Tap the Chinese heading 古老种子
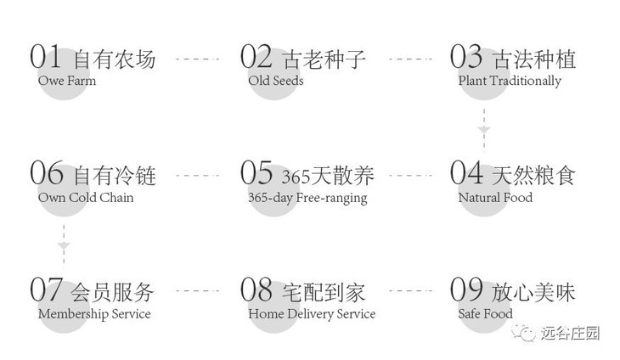324,59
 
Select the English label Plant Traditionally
510,81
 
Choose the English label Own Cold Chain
86,198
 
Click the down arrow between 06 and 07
64,245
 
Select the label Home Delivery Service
312,314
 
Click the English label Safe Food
486,314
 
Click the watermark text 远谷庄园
570,334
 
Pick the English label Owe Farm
67,81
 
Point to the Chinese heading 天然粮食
534,176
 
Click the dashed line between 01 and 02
197,59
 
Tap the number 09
467,290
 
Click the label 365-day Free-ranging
307,198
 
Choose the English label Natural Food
495,198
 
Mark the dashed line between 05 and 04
410,175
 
